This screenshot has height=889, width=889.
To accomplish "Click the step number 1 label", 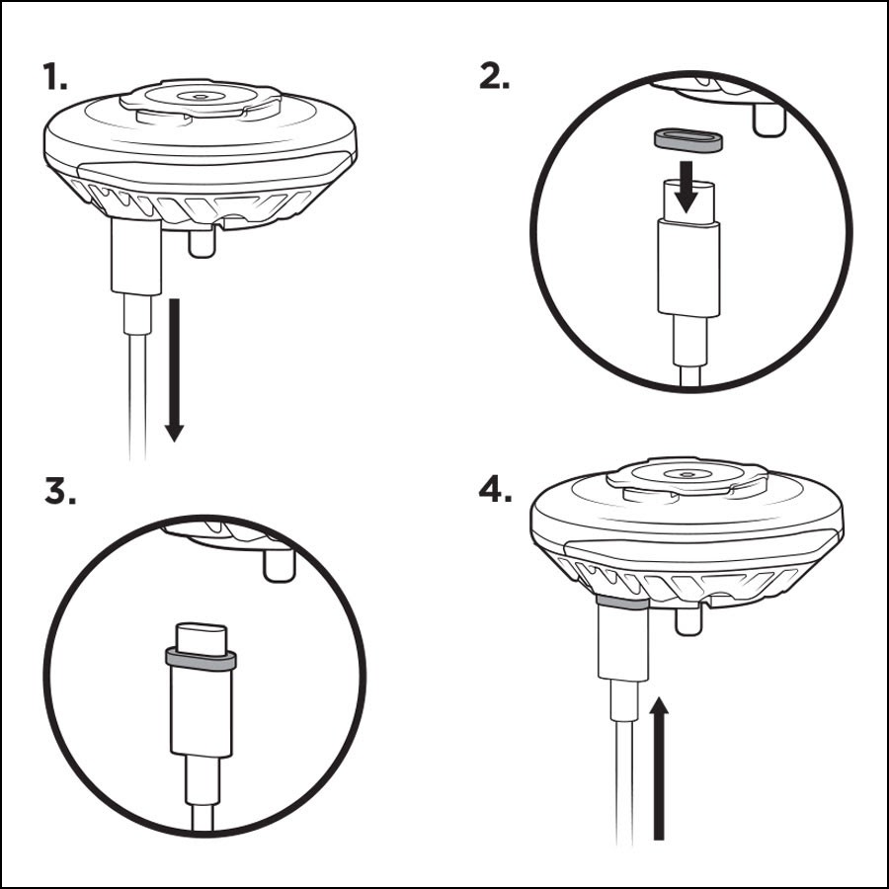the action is point(55,76).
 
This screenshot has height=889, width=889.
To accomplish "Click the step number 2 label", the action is point(494,76).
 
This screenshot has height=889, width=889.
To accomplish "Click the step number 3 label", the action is point(59,491).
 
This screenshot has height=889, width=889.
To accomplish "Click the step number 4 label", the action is point(496,489).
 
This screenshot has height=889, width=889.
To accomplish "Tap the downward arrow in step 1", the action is point(175,369).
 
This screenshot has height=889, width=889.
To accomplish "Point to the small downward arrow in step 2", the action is point(687,187).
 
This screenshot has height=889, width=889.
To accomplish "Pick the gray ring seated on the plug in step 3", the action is point(201,660).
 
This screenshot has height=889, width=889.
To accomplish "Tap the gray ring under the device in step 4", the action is point(622,603).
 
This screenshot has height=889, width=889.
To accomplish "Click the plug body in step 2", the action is point(688,267).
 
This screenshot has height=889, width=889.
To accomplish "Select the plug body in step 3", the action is point(202,712).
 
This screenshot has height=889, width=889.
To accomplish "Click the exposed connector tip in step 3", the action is point(202,638).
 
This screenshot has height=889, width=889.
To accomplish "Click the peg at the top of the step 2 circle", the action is point(768,121).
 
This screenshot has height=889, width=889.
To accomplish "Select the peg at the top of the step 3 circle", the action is point(280,565).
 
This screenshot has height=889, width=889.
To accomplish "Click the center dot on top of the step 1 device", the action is point(199,97).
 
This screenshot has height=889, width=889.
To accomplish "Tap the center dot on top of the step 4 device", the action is point(687,474).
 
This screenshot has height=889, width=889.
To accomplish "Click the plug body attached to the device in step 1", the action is point(136,257).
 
